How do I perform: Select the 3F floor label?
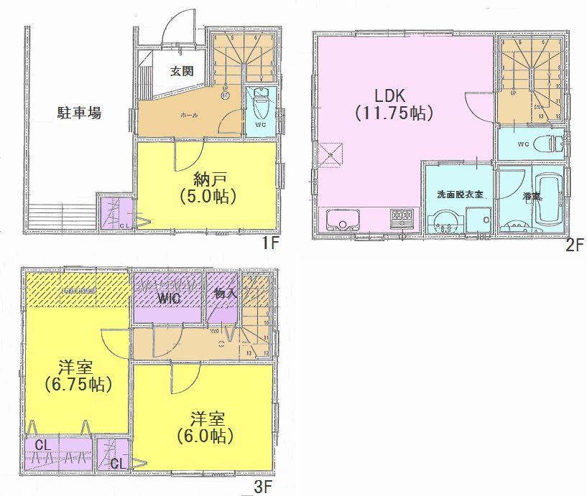tap(264, 489)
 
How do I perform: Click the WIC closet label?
tap(170, 296)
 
